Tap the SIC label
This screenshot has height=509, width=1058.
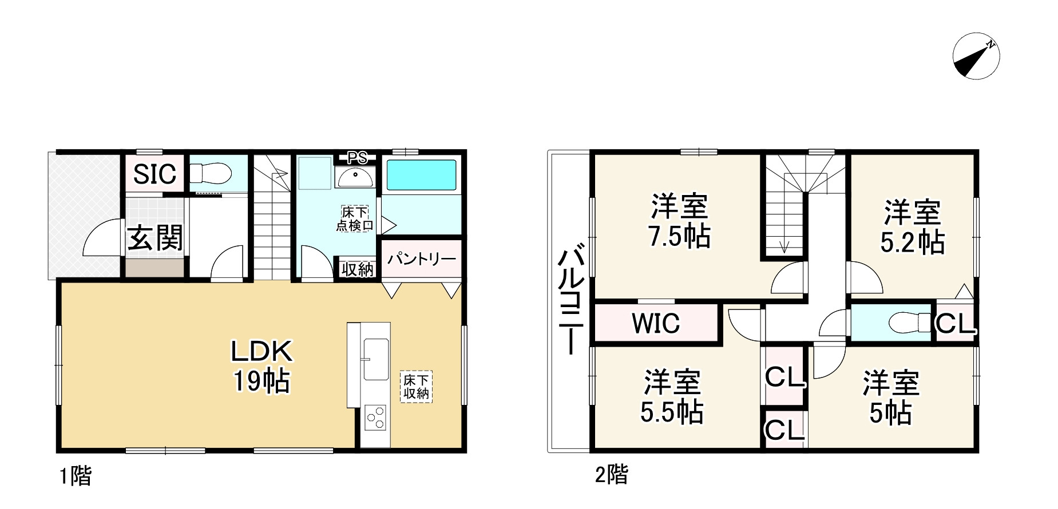154,174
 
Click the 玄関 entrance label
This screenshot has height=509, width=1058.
154,238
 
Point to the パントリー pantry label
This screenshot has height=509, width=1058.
422,260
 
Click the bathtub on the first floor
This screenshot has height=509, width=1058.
421,175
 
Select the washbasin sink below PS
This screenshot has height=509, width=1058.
355,178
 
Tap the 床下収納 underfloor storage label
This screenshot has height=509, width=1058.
416,387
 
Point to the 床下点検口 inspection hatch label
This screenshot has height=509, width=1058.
355,219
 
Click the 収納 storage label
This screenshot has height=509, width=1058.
358,269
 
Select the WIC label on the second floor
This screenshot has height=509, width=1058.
656,324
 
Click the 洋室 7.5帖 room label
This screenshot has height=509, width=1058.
679,221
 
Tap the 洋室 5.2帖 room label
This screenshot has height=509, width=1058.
912,227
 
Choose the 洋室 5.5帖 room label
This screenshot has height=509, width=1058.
672,397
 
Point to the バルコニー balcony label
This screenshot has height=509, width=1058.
571,300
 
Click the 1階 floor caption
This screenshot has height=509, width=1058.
76,476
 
